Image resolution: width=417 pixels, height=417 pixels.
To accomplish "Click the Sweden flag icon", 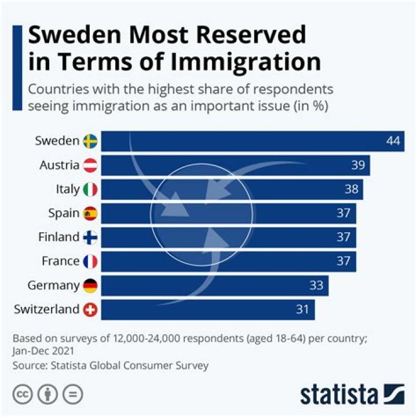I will tap(90, 141).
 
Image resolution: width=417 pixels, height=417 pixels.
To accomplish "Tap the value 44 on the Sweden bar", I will tap(394, 141).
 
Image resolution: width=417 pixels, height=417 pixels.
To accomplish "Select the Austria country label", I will tap(59, 165).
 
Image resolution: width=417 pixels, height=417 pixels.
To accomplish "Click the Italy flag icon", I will tap(90, 189).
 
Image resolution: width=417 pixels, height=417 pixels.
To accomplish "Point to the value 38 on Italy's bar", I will tap(351, 189).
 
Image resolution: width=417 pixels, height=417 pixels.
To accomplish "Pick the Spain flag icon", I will tap(90, 214).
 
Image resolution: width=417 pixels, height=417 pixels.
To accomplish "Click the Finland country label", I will tap(58, 237).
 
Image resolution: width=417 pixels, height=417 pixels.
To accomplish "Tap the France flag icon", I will tap(90, 262).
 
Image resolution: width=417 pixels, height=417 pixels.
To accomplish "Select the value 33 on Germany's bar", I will tap(316, 286).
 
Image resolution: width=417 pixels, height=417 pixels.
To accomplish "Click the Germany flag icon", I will tap(90, 286).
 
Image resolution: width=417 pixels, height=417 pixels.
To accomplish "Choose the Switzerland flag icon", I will tap(90, 310).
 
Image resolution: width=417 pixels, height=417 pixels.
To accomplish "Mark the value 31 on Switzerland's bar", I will tap(302, 310).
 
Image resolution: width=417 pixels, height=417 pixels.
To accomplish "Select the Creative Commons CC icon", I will tap(23, 394).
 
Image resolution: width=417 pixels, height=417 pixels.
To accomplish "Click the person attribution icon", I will tap(47, 394).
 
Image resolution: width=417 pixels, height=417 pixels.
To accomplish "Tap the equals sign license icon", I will tap(73, 394).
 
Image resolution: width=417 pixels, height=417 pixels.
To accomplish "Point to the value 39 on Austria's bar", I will tap(358, 165).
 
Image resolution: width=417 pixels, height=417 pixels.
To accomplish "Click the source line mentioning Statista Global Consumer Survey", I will tap(110, 365).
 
